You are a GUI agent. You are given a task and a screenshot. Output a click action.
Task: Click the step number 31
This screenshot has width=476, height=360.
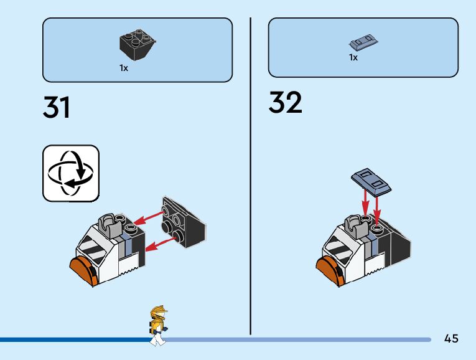[x=57, y=107]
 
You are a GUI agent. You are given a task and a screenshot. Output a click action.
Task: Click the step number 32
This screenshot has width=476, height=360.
[x=286, y=103]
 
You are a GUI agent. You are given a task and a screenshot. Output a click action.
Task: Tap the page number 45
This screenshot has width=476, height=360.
[x=452, y=339]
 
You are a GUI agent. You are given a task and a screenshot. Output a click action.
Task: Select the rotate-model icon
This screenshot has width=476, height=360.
[x=70, y=174]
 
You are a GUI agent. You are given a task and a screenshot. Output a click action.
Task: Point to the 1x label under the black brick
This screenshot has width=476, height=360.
[x=124, y=68]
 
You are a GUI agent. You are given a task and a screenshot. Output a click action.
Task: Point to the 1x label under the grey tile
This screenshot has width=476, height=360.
[x=353, y=58]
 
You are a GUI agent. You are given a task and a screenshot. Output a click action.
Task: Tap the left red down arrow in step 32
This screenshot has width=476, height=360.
[x=365, y=202]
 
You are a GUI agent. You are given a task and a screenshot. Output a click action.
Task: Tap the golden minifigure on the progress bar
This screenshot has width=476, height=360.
[x=158, y=324]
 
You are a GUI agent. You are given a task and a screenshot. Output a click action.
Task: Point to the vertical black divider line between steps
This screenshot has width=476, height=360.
[x=250, y=174]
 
